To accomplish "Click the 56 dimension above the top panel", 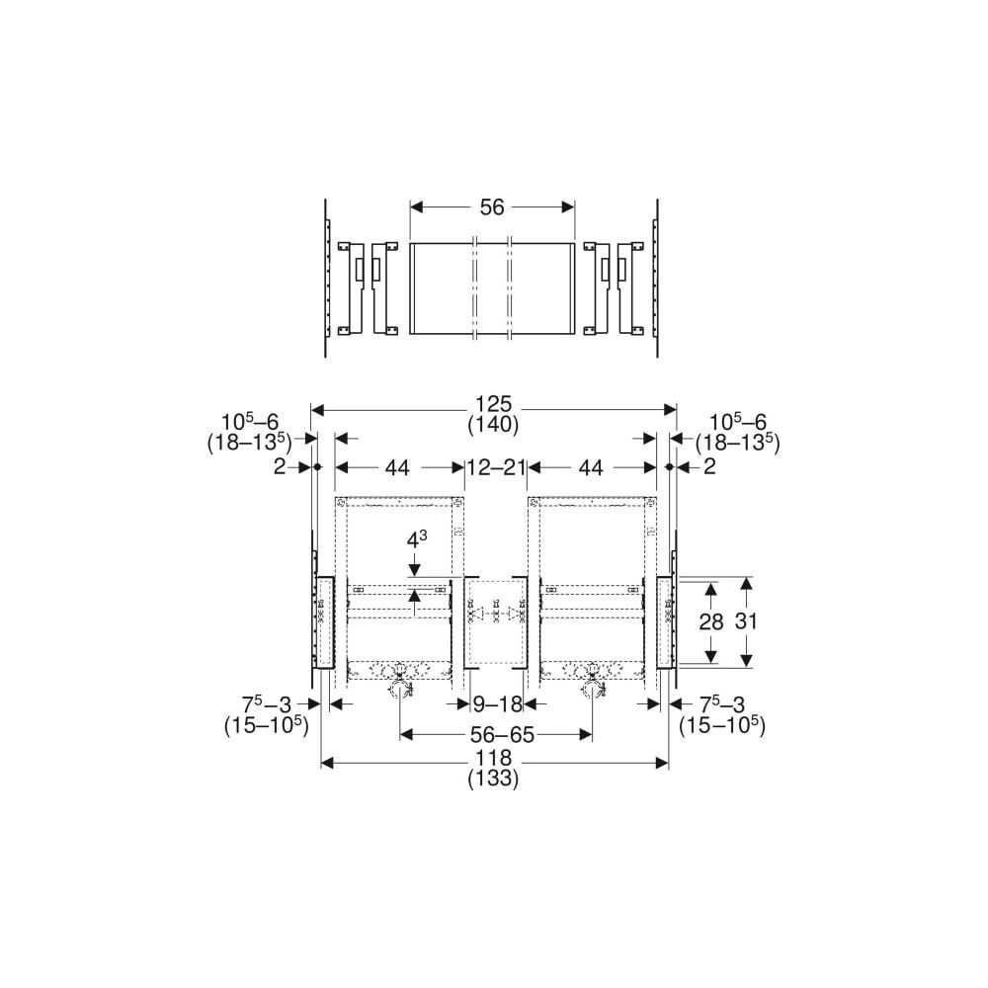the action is coord(492,207).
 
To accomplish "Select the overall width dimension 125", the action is coord(493,404).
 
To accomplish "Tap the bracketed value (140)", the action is coord(493,425).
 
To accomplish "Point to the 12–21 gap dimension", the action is coord(497,467).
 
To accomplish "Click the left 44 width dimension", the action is coord(397,467).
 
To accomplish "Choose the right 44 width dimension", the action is coord(591,467).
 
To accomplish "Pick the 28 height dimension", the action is coord(711,621).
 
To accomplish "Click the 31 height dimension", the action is coord(746,621).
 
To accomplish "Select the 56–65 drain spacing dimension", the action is coord(502,735).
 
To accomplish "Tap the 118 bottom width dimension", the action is coord(493,758).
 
